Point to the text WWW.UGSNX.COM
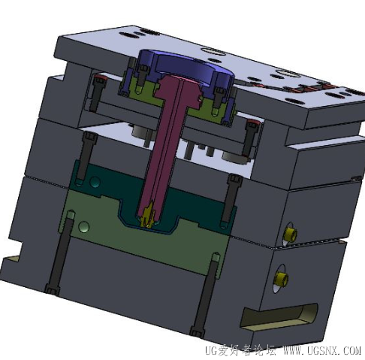pyautogui.click(x=322, y=350)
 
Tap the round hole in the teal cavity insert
pyautogui.click(x=95, y=182)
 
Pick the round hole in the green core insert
pyautogui.click(x=84, y=227)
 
